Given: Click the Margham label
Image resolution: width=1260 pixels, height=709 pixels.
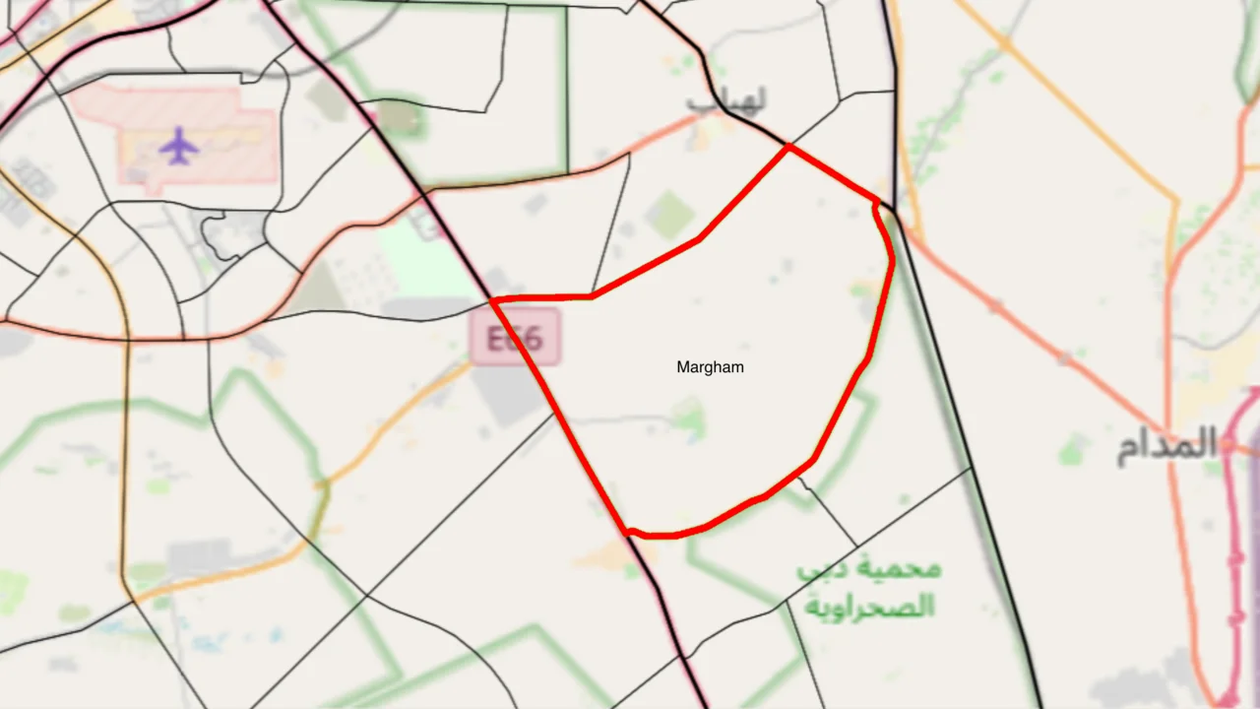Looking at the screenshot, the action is (x=710, y=367).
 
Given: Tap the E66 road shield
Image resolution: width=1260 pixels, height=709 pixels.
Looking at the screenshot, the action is (x=514, y=338).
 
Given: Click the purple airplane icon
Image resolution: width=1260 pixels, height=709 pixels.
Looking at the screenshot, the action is (x=178, y=146).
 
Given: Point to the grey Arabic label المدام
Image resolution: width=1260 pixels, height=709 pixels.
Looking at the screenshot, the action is (x=1167, y=445).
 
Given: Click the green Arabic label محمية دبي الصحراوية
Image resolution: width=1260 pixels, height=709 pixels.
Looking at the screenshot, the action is (x=868, y=588).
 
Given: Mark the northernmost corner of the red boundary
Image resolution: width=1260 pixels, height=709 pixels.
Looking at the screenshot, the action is (x=787, y=148).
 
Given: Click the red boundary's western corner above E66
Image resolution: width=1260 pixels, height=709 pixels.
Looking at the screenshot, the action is (x=492, y=299).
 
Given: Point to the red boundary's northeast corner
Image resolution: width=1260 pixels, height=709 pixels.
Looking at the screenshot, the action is (x=876, y=201).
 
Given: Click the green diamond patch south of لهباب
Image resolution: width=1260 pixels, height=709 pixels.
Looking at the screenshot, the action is (x=671, y=214).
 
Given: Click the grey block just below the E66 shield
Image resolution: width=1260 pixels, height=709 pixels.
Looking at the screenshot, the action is (x=507, y=394).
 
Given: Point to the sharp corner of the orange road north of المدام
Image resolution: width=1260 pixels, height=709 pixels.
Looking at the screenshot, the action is (x=1177, y=203).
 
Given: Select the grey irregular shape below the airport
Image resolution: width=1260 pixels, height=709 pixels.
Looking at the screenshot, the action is (x=232, y=232).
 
